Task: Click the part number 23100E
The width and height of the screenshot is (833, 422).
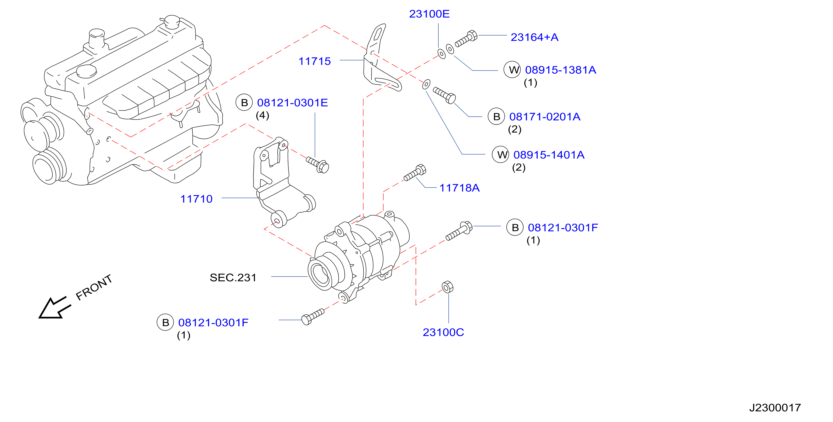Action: [x=429, y=14]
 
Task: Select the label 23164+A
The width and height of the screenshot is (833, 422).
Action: [x=534, y=37]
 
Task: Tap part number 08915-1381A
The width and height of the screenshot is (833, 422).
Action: [x=560, y=70]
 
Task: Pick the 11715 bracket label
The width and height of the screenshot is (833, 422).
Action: [x=314, y=61]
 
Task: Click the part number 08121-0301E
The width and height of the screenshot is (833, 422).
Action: [x=292, y=103]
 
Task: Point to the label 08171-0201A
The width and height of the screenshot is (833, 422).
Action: [x=545, y=117]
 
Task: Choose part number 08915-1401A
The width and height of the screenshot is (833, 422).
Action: [x=549, y=155]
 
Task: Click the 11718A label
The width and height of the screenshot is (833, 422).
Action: [x=459, y=188]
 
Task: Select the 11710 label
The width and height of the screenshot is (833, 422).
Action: [x=196, y=199]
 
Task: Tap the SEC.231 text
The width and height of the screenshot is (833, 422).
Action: [x=233, y=278]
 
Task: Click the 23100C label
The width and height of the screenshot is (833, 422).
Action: [x=443, y=332]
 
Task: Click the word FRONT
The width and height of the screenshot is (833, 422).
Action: [x=94, y=287]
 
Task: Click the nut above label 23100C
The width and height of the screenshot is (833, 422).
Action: [x=448, y=287]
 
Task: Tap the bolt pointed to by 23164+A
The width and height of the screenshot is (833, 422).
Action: [x=466, y=38]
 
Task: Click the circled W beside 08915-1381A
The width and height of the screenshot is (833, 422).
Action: [x=512, y=69]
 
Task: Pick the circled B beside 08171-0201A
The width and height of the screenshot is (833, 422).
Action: [x=496, y=116]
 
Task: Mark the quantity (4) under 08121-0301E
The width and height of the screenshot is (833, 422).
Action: [x=262, y=115]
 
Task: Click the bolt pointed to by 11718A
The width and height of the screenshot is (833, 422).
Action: [x=415, y=173]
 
